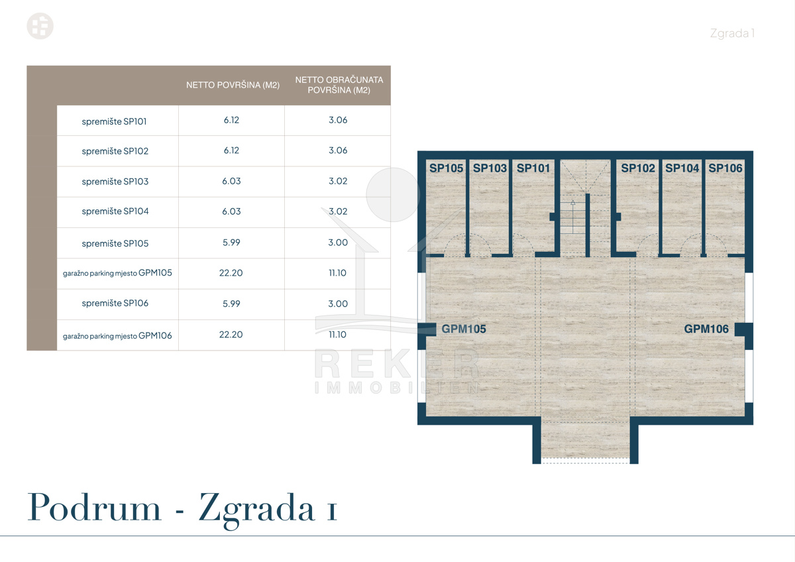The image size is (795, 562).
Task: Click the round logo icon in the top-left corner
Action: (x=40, y=26)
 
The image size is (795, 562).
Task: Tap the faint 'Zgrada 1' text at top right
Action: (x=732, y=33)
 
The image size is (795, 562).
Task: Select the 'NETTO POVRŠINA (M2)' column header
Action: (x=233, y=85)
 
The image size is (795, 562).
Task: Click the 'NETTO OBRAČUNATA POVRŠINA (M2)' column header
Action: (x=339, y=85)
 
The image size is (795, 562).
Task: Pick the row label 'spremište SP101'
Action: (x=114, y=121)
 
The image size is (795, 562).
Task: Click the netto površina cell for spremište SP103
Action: (x=231, y=181)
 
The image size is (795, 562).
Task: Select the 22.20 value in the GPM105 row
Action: (x=231, y=273)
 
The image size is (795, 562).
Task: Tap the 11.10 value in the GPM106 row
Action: (x=337, y=335)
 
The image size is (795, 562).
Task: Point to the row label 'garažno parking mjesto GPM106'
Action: (x=117, y=335)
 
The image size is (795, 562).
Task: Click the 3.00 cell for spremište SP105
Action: (x=338, y=243)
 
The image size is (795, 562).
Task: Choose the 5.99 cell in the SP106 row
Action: (x=231, y=304)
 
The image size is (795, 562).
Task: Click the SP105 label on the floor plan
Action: (x=446, y=168)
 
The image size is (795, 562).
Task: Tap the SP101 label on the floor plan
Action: (x=533, y=168)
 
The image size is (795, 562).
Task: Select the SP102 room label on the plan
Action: (x=638, y=168)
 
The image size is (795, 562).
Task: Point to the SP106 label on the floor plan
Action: (x=725, y=168)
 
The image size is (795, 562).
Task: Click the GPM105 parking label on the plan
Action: (x=464, y=329)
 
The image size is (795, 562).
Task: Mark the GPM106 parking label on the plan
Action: (x=706, y=329)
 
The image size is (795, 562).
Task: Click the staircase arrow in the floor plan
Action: (x=573, y=217)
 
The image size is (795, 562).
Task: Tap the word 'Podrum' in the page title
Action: (x=94, y=508)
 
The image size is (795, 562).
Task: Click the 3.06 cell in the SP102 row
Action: (x=338, y=150)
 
